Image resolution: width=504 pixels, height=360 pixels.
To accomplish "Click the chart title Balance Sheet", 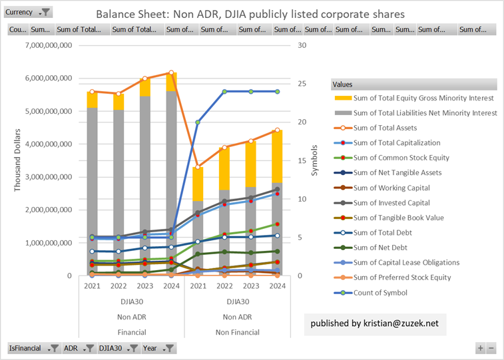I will [x=250, y=14].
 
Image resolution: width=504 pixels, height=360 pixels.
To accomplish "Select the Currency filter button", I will [x=28, y=13].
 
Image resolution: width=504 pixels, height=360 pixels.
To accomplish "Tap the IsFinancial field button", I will [x=33, y=348].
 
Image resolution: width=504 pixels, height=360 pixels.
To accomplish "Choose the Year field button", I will [x=158, y=348].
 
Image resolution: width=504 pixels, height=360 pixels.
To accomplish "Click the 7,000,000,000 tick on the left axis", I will [x=51, y=45].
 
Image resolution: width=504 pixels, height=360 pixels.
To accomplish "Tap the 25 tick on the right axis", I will [x=302, y=84].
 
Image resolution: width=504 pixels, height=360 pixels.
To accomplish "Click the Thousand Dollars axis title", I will [x=19, y=160].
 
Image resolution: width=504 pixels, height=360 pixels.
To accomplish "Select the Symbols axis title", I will [x=315, y=160].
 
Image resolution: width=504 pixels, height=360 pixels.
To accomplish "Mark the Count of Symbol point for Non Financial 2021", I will [x=198, y=122].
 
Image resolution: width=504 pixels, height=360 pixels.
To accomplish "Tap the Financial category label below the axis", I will [x=132, y=332].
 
